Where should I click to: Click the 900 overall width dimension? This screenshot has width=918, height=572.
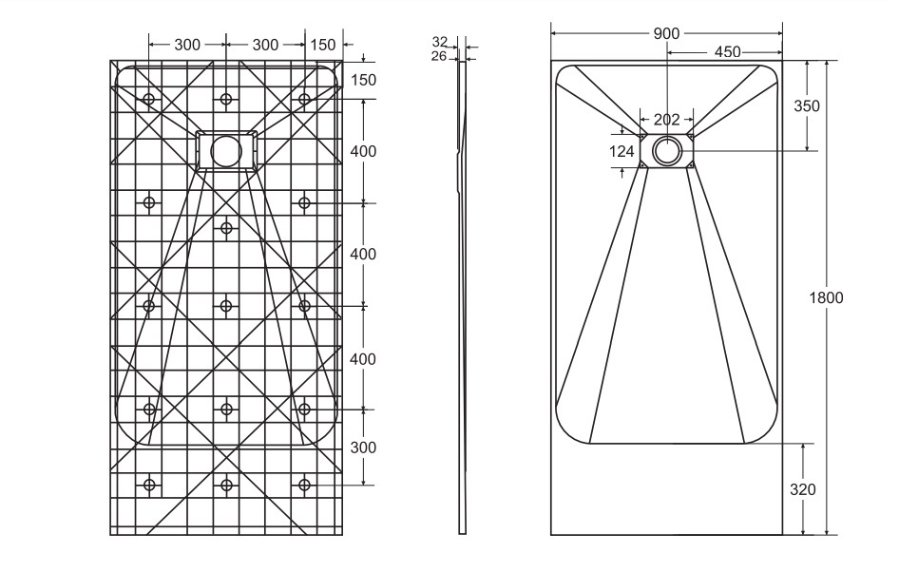(666, 33)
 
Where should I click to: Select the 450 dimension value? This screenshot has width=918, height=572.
(728, 52)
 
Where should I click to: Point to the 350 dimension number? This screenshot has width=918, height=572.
(806, 106)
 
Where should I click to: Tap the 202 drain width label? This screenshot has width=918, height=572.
(667, 120)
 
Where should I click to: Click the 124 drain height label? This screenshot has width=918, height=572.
(622, 151)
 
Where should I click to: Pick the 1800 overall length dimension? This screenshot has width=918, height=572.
(826, 297)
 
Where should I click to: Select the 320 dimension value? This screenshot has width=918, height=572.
(802, 489)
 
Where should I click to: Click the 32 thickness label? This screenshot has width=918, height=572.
(440, 42)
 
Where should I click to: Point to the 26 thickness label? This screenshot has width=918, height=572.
(439, 56)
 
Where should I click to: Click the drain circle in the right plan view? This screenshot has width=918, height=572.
(667, 150)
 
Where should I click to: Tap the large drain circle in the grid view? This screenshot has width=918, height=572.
(226, 150)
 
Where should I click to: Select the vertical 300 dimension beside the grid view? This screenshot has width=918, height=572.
(363, 448)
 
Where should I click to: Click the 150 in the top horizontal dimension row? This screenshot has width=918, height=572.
(323, 45)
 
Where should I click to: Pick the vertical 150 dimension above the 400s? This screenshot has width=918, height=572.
(363, 80)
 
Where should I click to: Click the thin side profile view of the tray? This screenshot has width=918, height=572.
(463, 295)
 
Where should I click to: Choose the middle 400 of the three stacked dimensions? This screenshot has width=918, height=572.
(363, 255)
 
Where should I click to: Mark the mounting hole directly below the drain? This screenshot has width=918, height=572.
(226, 228)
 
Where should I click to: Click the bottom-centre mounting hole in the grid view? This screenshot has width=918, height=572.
(226, 486)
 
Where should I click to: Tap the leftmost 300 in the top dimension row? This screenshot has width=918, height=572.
(187, 45)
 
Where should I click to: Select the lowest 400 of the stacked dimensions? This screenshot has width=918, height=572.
(363, 359)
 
